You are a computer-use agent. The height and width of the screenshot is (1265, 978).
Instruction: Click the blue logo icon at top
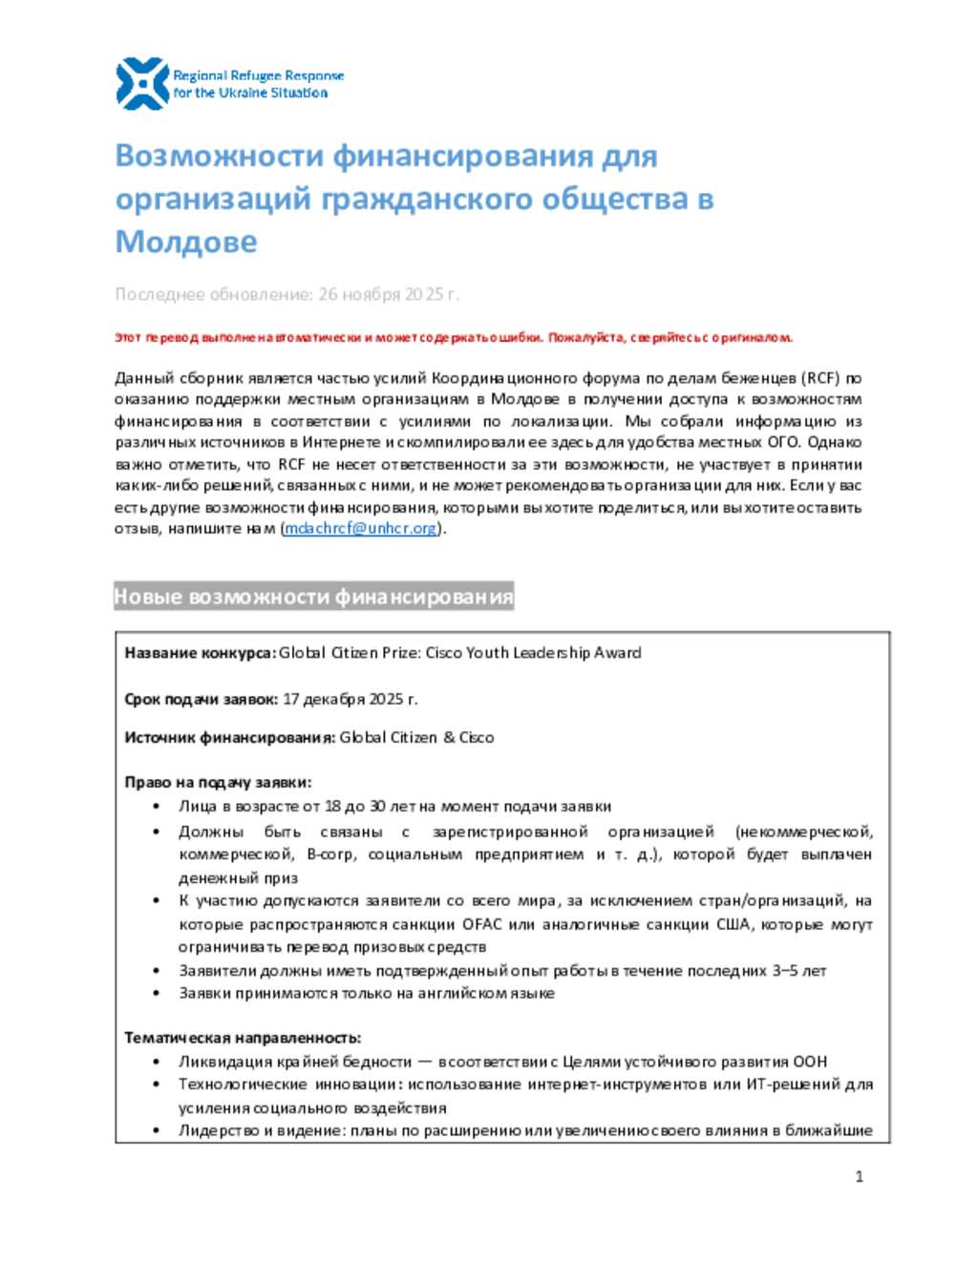[141, 83]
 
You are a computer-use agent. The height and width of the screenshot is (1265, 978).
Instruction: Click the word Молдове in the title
[186, 242]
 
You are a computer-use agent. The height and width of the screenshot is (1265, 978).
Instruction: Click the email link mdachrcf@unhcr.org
[360, 528]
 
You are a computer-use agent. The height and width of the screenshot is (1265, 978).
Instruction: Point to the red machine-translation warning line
[454, 337]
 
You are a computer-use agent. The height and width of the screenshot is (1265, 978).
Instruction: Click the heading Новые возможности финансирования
[313, 597]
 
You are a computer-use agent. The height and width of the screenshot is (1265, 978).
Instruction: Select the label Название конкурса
[200, 653]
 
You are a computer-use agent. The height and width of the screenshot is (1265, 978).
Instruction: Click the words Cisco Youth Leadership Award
[533, 653]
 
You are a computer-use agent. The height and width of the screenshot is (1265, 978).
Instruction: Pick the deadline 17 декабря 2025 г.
[351, 699]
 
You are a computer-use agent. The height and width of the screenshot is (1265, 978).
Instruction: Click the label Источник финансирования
[229, 737]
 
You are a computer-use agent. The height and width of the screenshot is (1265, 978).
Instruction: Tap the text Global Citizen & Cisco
[416, 737]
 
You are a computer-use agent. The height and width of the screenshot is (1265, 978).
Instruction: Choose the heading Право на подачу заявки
[218, 782]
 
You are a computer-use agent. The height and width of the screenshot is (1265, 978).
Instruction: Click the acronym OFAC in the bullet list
[482, 924]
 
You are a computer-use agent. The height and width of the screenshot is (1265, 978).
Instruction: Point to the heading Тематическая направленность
[243, 1038]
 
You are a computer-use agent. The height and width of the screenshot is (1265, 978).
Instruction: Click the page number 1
[859, 1176]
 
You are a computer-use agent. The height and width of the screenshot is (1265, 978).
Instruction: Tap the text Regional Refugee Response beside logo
[258, 75]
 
